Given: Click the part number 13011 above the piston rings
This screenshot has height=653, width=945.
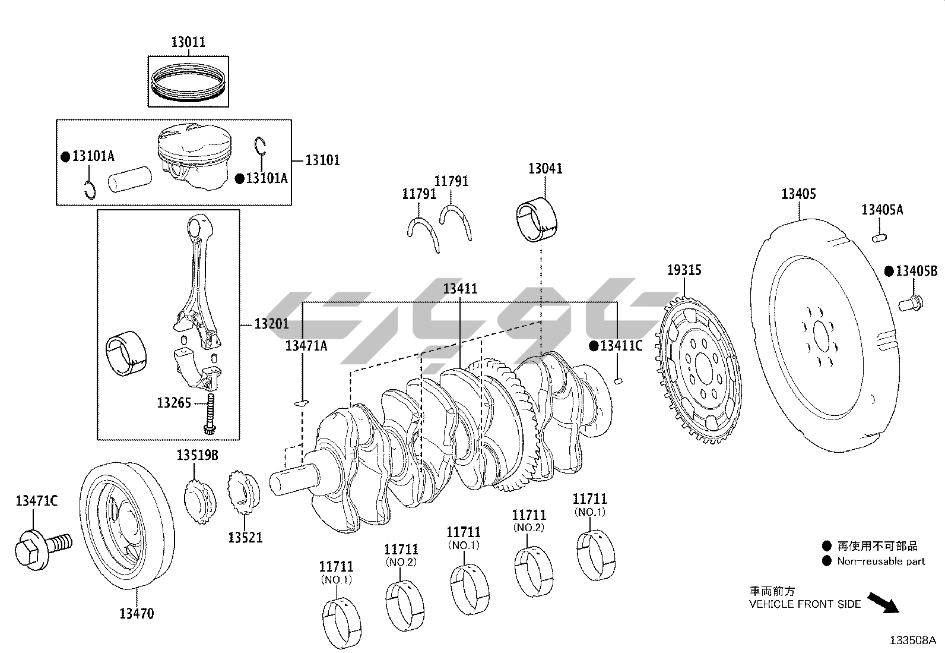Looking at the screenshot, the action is point(188,42).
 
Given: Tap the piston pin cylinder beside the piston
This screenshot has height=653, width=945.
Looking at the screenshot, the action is point(130,179).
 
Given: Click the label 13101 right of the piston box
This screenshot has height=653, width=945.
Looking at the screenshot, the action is point(322,160).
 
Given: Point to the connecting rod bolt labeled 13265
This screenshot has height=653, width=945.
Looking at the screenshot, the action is point(210,414).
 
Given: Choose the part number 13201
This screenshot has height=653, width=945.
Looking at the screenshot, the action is point(272,324).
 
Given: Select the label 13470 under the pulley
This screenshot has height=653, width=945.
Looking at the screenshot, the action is point(137,613).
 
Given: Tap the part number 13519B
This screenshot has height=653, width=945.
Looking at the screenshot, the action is point(198,455).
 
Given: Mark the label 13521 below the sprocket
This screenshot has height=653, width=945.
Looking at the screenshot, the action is point(245,538).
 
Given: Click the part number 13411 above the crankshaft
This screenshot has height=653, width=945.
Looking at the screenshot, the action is point(460,289).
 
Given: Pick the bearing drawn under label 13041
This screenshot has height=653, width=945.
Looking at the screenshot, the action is point(537,219).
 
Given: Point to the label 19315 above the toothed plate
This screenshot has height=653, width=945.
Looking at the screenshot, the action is point(684,270).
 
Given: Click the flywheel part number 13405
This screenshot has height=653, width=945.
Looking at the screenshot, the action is point(798,194).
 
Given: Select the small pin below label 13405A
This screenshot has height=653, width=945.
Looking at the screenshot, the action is point(880,238).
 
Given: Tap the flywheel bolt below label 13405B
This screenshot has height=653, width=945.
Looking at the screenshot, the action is point(911,303).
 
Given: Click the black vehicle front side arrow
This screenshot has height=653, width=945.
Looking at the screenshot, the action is point(883,602).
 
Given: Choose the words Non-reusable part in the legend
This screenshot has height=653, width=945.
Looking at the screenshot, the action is point(881,561).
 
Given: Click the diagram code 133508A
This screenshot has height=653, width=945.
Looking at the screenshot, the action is point(913,641).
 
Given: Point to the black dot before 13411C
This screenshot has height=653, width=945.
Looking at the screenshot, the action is point(594,346).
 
